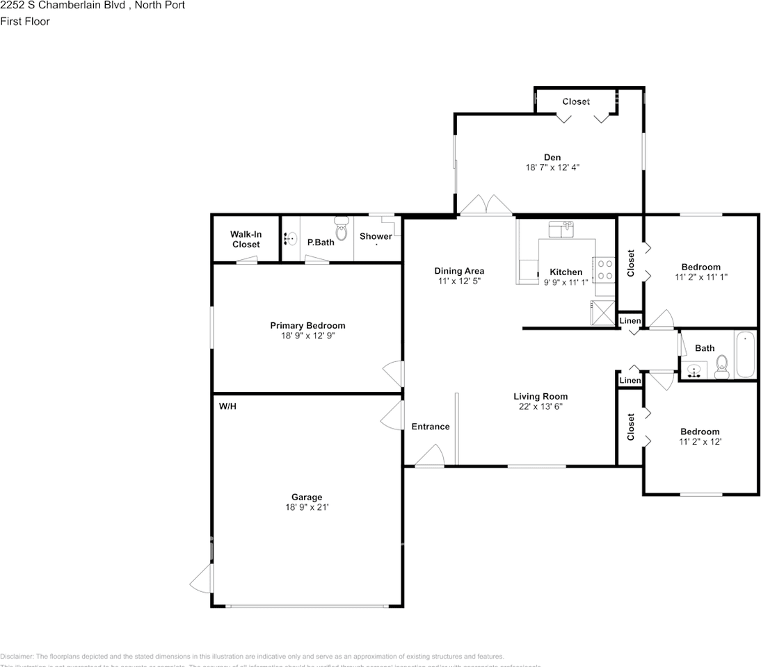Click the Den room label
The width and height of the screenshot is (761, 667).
pos(552,157)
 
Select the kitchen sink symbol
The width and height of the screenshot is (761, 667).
pos(561,228)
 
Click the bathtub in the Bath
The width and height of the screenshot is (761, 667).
pos(745,354)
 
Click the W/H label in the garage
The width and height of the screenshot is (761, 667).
pos(227,406)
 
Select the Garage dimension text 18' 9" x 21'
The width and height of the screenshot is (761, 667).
pos(307,507)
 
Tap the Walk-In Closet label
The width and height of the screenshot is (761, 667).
pos(246,239)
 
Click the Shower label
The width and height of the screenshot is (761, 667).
pos(376,236)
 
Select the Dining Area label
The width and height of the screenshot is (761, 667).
pos(459,271)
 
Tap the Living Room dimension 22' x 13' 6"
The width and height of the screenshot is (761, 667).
pos(540,406)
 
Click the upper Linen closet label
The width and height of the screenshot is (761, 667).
pos(630,320)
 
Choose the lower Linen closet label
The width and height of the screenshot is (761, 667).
pos(630,380)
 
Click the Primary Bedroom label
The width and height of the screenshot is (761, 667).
pos(307,325)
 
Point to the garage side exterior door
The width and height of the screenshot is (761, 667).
pos(202,579)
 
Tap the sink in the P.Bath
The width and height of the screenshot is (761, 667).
pos(291,239)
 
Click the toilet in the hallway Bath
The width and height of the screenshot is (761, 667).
pos(721,365)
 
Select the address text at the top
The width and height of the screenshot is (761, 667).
pos(93,5)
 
